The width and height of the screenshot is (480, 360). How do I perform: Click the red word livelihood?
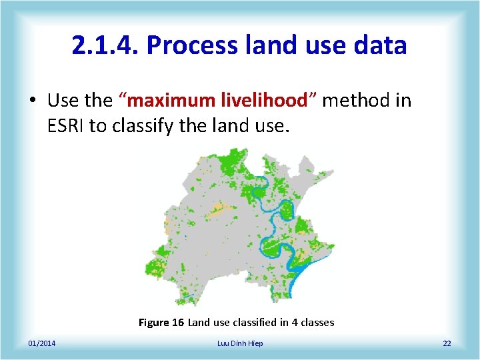point(270,101)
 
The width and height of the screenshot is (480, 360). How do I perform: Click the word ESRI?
point(65,125)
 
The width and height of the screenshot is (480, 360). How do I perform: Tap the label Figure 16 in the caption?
point(161,323)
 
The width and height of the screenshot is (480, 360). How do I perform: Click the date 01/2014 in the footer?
point(42,343)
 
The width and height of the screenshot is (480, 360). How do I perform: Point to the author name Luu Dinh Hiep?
point(240,343)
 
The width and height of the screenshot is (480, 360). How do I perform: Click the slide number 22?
point(447,343)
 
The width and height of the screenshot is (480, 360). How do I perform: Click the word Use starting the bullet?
point(63,101)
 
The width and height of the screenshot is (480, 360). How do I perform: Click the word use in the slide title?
point(318,45)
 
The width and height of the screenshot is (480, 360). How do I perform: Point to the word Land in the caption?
point(198,323)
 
